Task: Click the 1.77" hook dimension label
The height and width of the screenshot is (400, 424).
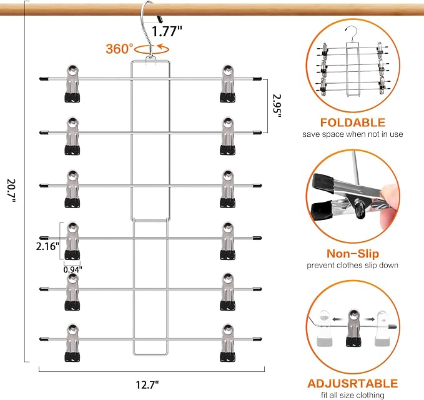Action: [x=167, y=31]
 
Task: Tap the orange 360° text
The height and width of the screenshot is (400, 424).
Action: [x=119, y=49]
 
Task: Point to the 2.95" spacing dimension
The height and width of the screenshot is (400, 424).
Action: [x=277, y=106]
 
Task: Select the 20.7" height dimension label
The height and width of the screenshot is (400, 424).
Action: [x=11, y=190]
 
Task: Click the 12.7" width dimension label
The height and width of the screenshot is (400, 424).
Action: [x=147, y=384]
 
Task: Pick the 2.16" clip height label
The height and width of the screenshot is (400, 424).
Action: [x=47, y=246]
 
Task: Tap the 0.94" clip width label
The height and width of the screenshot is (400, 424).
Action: [x=72, y=269]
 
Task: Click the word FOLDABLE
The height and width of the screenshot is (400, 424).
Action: [x=353, y=122]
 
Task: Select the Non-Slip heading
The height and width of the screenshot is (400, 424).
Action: [x=353, y=254]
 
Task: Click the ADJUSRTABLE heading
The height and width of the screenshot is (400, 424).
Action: [x=353, y=384]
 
